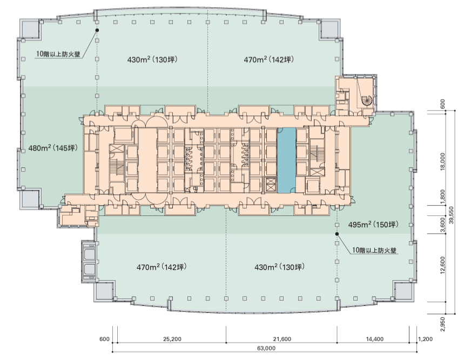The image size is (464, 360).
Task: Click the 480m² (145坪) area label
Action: tap(53, 148)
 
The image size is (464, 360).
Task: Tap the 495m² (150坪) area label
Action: tap(373, 225)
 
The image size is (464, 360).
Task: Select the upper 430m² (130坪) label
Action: tap(152, 60)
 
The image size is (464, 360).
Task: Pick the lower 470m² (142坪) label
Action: tap(162, 267)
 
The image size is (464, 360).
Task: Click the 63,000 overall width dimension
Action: tap(266, 348)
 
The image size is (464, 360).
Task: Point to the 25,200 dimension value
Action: tap(172, 339)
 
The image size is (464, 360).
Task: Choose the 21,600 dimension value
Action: tap(282, 339)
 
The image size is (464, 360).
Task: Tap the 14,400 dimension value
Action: tap(375, 339)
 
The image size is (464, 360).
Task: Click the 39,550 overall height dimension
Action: tap(451, 215)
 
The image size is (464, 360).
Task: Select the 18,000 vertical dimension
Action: tap(443, 161)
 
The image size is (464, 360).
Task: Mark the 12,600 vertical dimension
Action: tap(443, 265)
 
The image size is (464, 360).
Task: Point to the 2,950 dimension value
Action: tap(443, 324)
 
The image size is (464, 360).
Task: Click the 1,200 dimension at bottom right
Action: tap(426, 339)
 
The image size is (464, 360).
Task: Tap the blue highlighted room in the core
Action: tap(286, 160)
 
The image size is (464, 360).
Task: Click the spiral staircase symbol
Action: tap(367, 101)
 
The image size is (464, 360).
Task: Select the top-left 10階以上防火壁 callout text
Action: tap(58, 54)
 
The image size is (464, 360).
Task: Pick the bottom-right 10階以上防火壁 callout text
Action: tap(374, 250)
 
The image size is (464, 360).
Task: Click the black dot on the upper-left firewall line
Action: tap(97, 30)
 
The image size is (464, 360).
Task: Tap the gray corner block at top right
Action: tap(329, 29)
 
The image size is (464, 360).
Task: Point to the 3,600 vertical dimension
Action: tap(443, 224)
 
